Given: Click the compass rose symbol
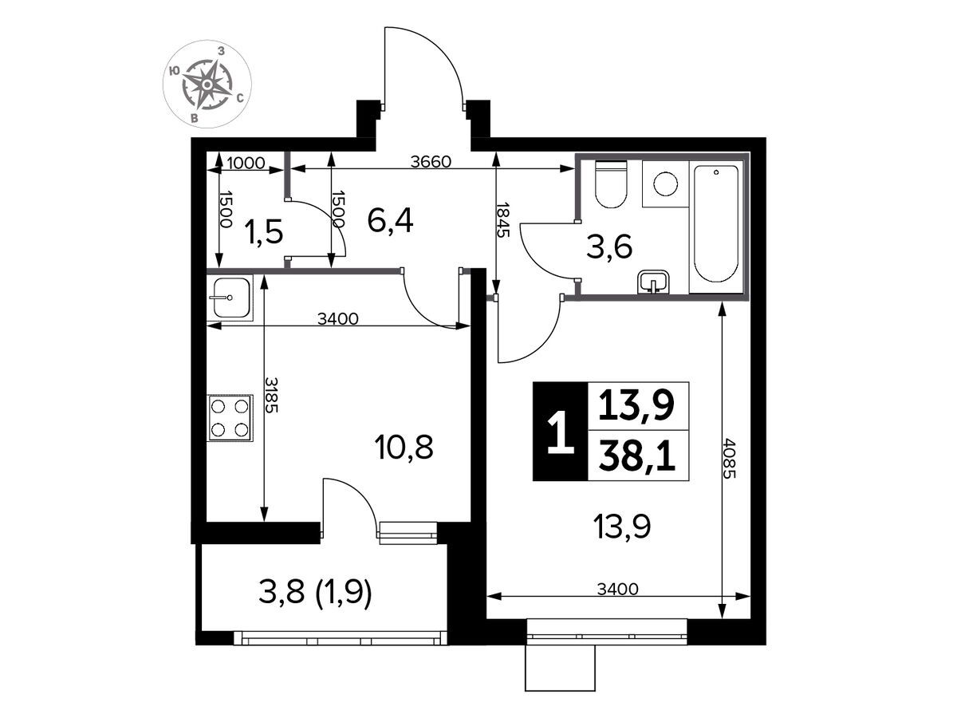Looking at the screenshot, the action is click(x=207, y=84).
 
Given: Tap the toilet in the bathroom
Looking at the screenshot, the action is click(x=610, y=184).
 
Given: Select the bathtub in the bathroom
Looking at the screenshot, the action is click(x=715, y=223).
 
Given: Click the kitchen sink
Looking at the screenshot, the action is click(x=230, y=298).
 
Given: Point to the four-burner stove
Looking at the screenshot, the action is click(x=230, y=418).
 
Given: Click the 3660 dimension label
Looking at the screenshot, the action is click(x=431, y=162).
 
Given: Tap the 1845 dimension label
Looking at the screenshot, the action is click(x=503, y=219).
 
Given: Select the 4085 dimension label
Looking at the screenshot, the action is click(x=729, y=458).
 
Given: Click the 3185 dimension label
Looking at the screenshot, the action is click(x=271, y=395).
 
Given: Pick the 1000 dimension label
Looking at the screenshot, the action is click(x=246, y=163).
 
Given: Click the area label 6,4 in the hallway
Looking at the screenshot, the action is click(x=390, y=221).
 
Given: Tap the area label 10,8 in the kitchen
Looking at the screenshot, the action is click(x=404, y=448).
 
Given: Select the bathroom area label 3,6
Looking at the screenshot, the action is click(x=609, y=247).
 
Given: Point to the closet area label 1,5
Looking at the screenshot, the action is click(x=264, y=231).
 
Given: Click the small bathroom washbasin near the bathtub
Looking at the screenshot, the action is click(x=653, y=282).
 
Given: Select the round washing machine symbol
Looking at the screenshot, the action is click(x=665, y=183).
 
